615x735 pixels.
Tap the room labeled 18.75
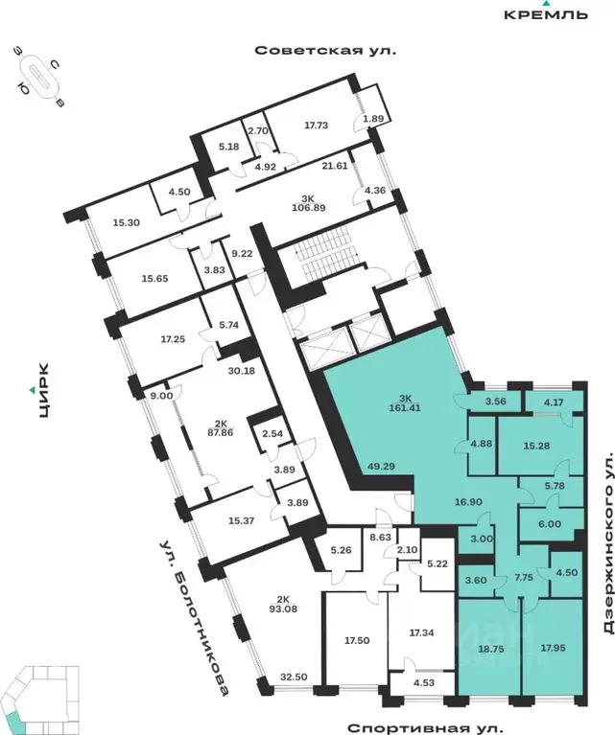pyautogui.click(x=487, y=648)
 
